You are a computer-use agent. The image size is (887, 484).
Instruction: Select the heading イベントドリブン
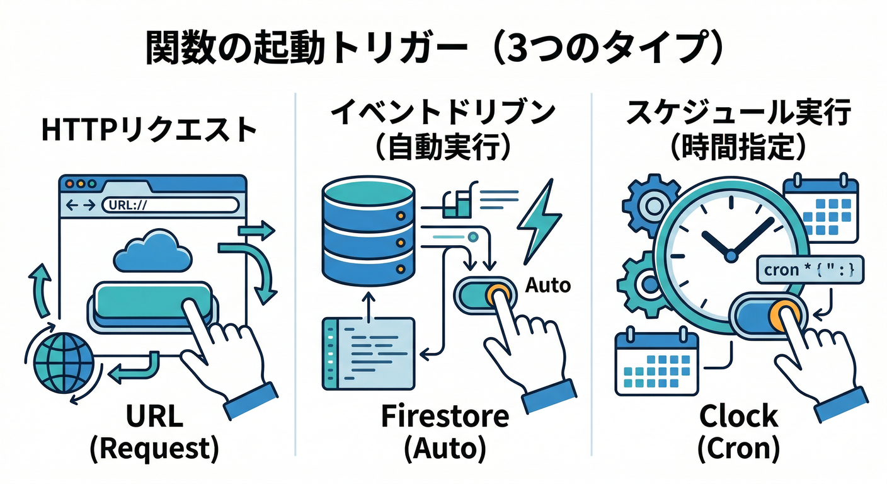coord(443,113)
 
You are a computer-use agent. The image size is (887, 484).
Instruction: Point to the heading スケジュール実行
coord(738,113)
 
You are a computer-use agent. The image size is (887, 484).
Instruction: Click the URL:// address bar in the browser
coord(170,205)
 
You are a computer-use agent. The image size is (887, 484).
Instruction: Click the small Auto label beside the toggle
coord(547,285)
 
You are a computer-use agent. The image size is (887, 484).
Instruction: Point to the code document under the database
coord(369,352)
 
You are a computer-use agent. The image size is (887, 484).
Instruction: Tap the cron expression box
coord(809,271)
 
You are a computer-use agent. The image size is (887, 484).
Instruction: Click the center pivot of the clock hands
coord(731,256)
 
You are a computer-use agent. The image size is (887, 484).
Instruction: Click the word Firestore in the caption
coord(445,417)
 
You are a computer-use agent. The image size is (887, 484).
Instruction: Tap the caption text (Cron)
coord(738,449)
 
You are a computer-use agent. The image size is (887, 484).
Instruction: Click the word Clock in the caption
coord(738,417)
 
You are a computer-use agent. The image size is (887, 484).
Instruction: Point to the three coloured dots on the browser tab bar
coord(81,183)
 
